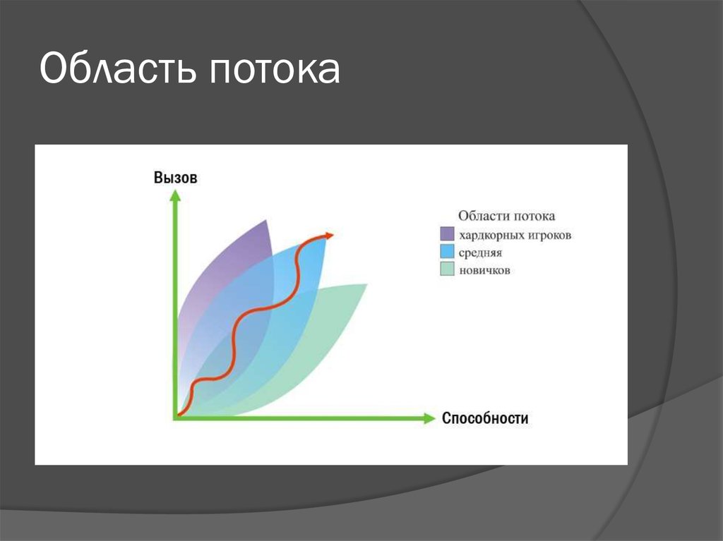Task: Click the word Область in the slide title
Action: pyautogui.click(x=119, y=68)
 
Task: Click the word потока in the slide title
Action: pyautogui.click(x=275, y=71)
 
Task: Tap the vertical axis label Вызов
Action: pyautogui.click(x=175, y=178)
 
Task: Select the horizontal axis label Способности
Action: pyautogui.click(x=485, y=418)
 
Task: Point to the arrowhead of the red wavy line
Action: pyautogui.click(x=329, y=236)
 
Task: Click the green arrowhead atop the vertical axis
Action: pyautogui.click(x=175, y=195)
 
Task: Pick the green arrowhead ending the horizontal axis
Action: pyautogui.click(x=429, y=418)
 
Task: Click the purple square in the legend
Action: pyautogui.click(x=447, y=233)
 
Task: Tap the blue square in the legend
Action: pyautogui.click(x=447, y=251)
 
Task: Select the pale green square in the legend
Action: pyautogui.click(x=447, y=269)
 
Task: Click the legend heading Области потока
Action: pyautogui.click(x=507, y=216)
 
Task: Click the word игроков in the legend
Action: pyautogui.click(x=549, y=236)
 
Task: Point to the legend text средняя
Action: pyautogui.click(x=480, y=253)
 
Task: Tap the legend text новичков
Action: pyautogui.click(x=484, y=270)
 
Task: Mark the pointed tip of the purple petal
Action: pyautogui.click(x=266, y=220)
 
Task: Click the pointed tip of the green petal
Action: pyautogui.click(x=366, y=284)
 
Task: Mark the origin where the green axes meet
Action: pyautogui.click(x=176, y=418)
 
